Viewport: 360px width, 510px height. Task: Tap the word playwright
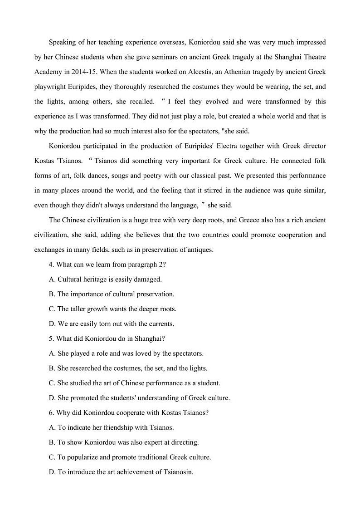point(49,87)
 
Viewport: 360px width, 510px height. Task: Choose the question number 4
point(51,265)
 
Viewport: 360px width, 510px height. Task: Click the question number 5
point(51,338)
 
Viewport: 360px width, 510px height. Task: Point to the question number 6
point(51,412)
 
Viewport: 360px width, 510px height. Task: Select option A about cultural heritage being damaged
point(105,279)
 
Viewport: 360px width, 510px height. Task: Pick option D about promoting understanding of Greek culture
point(139,398)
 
